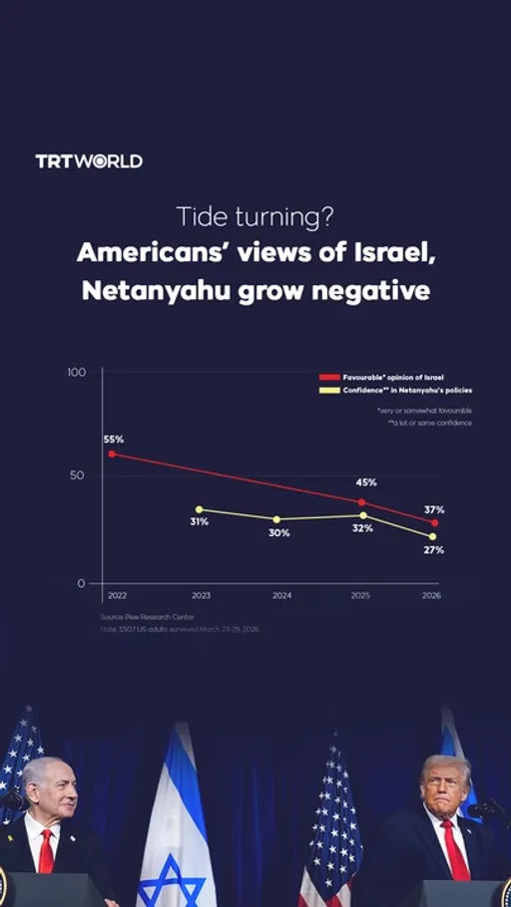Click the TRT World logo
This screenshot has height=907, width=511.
pos(89,160)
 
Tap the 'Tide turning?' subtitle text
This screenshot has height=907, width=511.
pos(255,215)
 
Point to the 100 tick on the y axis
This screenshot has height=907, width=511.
pos(77,372)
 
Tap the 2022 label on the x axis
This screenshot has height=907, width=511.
pos(116,595)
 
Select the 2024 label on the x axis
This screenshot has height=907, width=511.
pos(282,595)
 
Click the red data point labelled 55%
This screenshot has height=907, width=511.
pos(112,453)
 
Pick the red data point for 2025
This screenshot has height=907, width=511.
pos(361,502)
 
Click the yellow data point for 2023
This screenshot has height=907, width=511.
pos(199,509)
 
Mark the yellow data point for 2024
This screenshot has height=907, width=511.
pos(276,519)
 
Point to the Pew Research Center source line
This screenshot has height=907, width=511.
pos(148,618)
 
